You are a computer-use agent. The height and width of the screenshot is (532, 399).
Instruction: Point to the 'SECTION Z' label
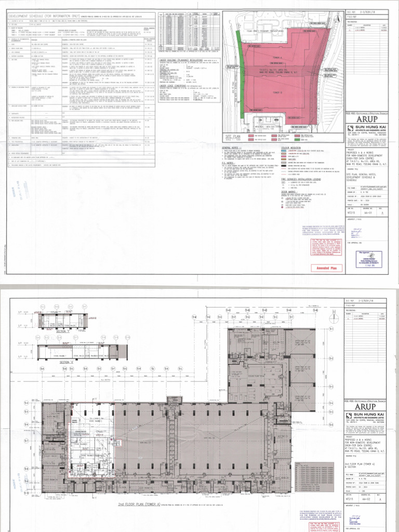(x=67, y=362)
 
